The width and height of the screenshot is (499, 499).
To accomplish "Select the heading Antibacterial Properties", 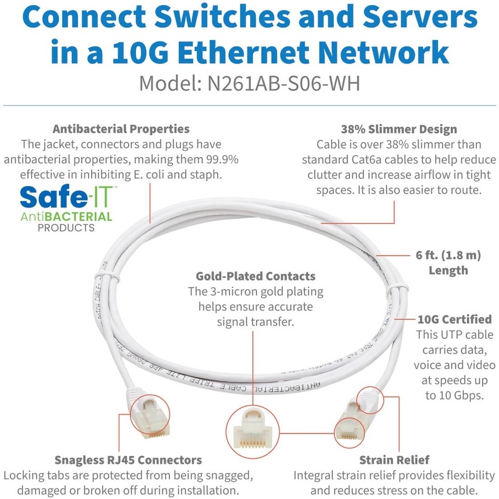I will pyautogui.click(x=121, y=129).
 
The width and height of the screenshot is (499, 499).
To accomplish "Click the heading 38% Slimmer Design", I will pyautogui.click(x=399, y=129).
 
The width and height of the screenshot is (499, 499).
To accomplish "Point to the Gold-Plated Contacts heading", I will pyautogui.click(x=256, y=276).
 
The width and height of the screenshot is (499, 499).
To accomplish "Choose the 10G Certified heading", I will pyautogui.click(x=446, y=319).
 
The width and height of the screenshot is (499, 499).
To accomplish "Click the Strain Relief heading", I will pyautogui.click(x=394, y=460).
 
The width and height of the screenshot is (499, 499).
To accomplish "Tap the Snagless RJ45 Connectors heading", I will pyautogui.click(x=128, y=460).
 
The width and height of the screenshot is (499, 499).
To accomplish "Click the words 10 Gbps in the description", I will pyautogui.click(x=455, y=395).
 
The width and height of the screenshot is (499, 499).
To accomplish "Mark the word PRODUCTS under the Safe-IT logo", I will pyautogui.click(x=67, y=227).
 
